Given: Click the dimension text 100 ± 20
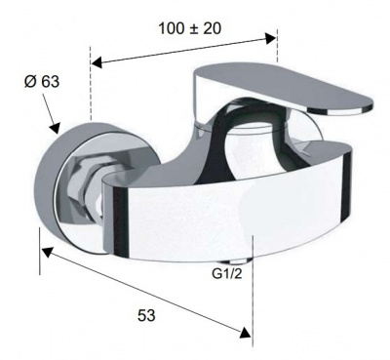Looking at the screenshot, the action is click(190, 28).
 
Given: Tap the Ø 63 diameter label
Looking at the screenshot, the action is click(42, 81).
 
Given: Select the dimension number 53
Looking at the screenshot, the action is click(146, 315).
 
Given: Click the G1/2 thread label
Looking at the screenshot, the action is click(227, 274).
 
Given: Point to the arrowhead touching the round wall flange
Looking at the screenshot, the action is click(55, 128).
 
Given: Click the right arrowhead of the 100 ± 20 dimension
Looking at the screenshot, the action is click(271, 38).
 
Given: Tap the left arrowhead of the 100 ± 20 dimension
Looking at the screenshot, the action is click(97, 62).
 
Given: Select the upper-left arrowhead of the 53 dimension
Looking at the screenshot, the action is click(48, 252).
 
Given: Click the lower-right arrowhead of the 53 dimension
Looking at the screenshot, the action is click(245, 333).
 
